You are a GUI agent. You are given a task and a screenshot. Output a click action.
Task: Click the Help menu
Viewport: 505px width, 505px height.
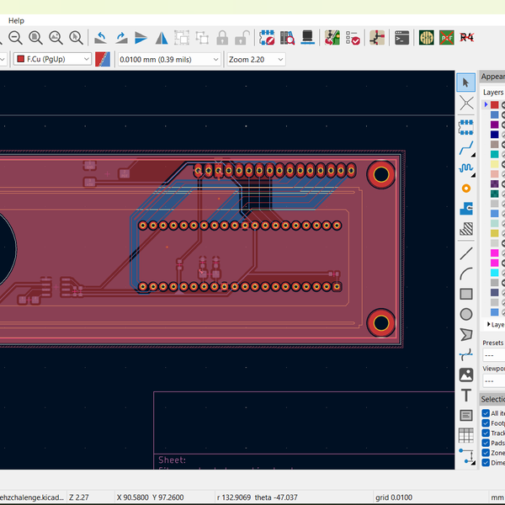pyautogui.click(x=16, y=20)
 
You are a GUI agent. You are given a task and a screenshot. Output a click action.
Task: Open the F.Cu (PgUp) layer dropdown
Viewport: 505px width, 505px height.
pyautogui.click(x=53, y=59)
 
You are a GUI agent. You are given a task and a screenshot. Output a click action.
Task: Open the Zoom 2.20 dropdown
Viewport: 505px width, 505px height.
pyautogui.click(x=256, y=59)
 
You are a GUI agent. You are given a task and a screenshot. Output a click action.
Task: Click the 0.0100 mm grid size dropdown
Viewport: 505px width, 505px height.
pyautogui.click(x=168, y=59)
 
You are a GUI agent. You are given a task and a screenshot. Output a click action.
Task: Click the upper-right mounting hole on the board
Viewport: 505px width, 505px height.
pyautogui.click(x=381, y=174)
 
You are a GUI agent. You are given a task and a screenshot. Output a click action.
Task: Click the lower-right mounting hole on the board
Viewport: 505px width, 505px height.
pyautogui.click(x=381, y=322)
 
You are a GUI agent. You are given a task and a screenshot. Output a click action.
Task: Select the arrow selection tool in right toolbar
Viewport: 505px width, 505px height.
pyautogui.click(x=466, y=82)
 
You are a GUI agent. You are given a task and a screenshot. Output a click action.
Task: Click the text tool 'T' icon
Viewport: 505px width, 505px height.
pyautogui.click(x=466, y=395)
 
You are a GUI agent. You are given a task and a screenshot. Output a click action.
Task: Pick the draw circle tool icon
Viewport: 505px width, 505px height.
pyautogui.click(x=466, y=314)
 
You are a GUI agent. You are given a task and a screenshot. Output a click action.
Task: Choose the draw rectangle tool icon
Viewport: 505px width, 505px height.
pyautogui.click(x=466, y=294)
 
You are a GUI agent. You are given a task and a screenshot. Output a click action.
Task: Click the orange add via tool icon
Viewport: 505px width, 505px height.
pyautogui.click(x=466, y=188)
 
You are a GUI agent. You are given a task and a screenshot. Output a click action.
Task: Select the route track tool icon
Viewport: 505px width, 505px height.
pyautogui.click(x=466, y=147)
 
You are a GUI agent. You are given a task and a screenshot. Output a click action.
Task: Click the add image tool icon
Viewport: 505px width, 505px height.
pyautogui.click(x=466, y=375)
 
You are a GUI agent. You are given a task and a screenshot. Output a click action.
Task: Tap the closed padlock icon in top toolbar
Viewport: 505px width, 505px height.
pyautogui.click(x=222, y=38)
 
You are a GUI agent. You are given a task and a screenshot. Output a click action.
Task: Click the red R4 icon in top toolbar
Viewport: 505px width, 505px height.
pyautogui.click(x=468, y=38)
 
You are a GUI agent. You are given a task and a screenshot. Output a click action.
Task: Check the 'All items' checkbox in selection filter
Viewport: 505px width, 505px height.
pyautogui.click(x=486, y=413)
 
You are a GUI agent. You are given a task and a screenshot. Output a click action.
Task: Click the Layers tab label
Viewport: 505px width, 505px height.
pyautogui.click(x=493, y=92)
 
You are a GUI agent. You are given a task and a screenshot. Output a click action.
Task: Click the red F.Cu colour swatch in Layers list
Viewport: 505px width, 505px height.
pyautogui.click(x=495, y=104)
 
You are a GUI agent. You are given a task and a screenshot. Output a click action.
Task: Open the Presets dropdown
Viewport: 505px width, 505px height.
pyautogui.click(x=493, y=354)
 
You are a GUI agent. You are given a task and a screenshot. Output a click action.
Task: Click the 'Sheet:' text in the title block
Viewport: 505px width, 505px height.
pyautogui.click(x=172, y=460)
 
